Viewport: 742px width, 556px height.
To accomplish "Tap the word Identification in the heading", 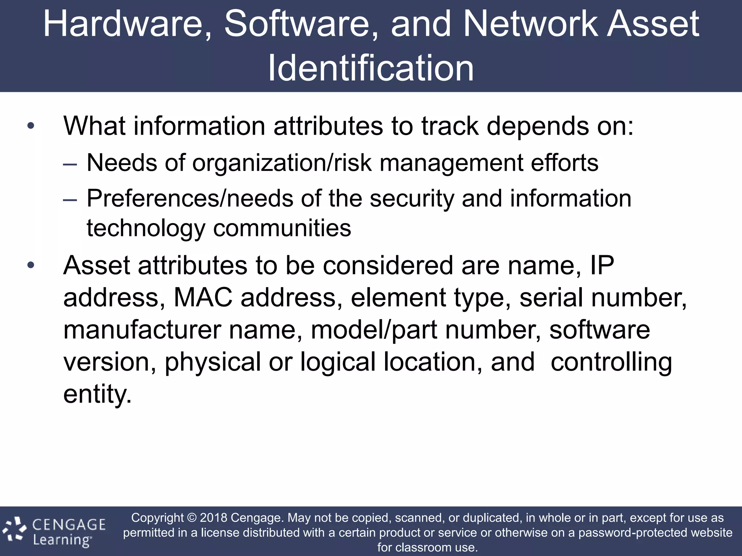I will pos(371,68).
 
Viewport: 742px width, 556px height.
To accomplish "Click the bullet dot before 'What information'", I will pos(31,126).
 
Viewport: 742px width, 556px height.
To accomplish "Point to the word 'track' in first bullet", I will pos(450,126).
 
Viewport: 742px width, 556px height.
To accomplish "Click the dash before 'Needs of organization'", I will pos(70,164).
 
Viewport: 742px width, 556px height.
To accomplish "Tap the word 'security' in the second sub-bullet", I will pos(412,199).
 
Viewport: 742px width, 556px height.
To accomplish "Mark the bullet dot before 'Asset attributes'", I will pos(31,266).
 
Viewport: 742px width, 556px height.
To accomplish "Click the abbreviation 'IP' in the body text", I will pos(602,266).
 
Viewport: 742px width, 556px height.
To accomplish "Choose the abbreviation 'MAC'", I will pos(203,298).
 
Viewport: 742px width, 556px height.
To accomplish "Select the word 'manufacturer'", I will pos(142,330).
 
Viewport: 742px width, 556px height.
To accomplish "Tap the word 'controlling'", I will pos(611,362).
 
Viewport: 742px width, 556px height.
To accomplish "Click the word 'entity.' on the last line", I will pos(97,394).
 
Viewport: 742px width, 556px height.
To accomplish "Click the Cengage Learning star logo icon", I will pos(15,530).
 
